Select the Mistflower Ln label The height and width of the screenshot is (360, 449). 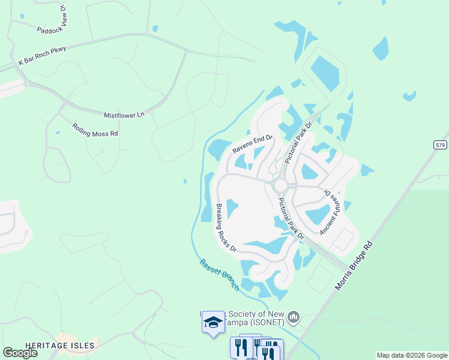125,114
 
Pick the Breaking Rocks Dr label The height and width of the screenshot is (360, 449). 226,227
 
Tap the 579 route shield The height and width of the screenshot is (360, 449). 441,145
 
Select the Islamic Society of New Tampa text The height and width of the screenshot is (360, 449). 246,318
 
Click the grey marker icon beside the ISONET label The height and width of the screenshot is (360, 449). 294,316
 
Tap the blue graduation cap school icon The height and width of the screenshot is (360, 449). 212,323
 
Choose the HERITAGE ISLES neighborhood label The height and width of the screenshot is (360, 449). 60,345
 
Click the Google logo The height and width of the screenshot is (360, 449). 20,353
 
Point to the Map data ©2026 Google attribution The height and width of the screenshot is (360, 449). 412,355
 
